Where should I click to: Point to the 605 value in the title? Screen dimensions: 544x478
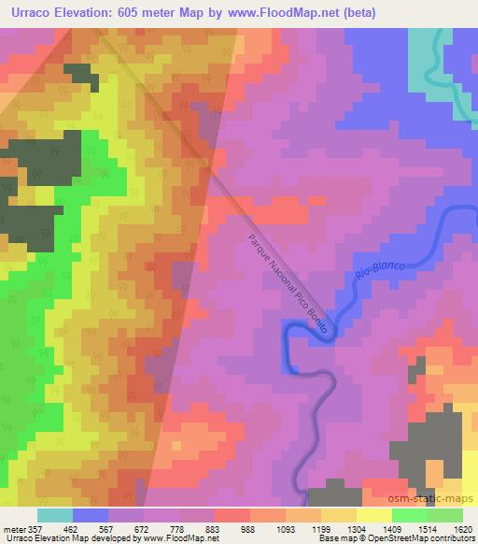[158, 12]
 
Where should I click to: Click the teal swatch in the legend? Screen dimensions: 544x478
[54, 515]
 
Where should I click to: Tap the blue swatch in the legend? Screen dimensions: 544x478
[91, 515]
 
